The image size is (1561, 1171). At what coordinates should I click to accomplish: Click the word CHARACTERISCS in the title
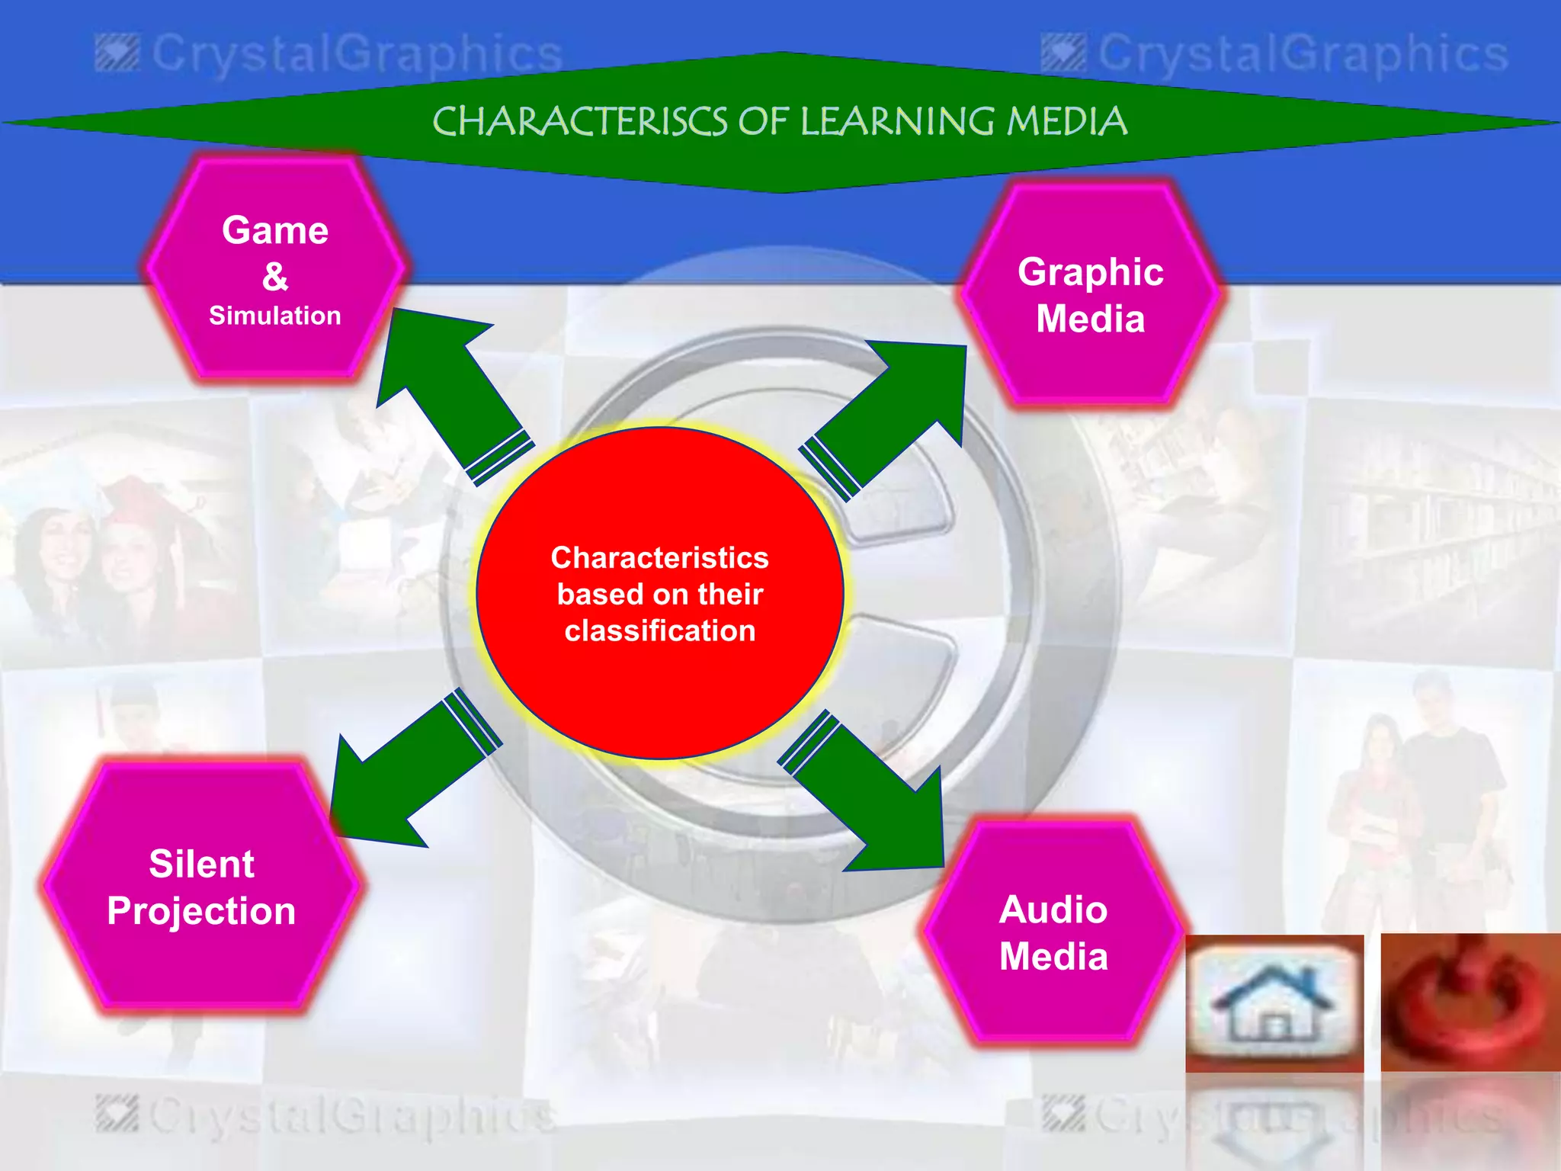[x=579, y=122]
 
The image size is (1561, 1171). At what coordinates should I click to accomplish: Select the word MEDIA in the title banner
[x=1066, y=122]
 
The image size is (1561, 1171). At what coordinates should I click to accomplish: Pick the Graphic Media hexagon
[x=1090, y=294]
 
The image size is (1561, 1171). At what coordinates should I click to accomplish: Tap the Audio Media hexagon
[x=1053, y=932]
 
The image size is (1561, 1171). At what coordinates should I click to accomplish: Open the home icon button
[x=1274, y=1003]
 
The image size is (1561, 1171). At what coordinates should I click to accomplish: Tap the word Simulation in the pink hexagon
[x=275, y=316]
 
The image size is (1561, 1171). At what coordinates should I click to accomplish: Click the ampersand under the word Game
[x=275, y=276]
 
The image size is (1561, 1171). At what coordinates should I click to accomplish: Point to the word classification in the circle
[x=660, y=631]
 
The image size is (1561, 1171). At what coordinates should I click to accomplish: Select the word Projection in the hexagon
[x=201, y=911]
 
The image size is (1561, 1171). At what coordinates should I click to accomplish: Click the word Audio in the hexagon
[x=1053, y=910]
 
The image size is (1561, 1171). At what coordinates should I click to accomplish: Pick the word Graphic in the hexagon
[x=1090, y=272]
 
